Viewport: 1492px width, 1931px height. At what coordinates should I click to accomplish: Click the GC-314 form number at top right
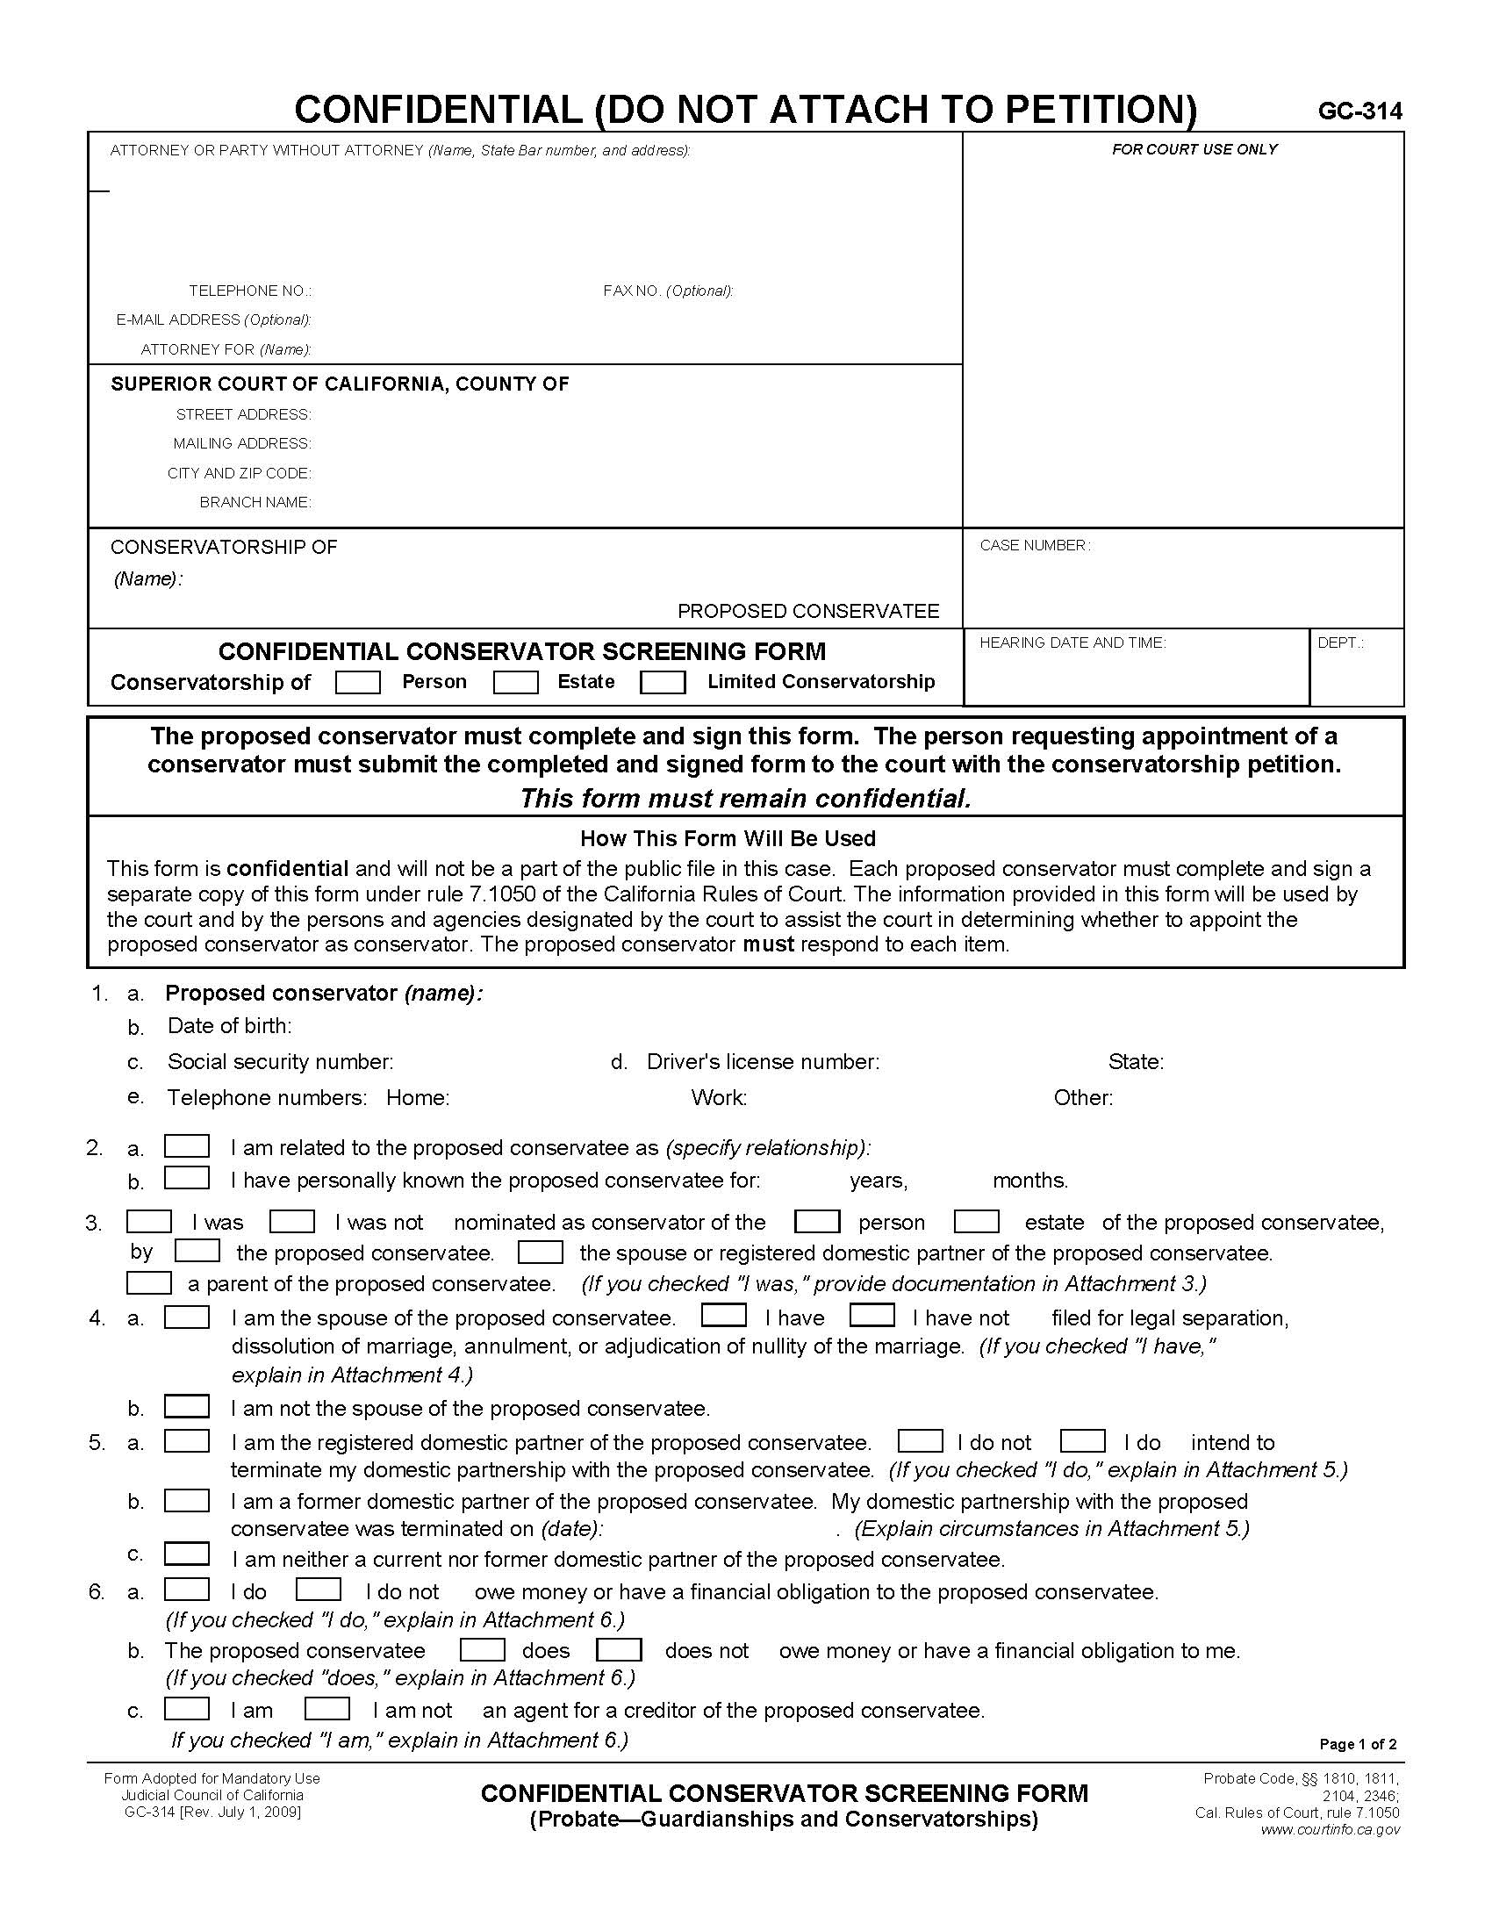pos(1359,111)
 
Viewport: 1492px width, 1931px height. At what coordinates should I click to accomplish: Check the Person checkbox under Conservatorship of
pos(358,682)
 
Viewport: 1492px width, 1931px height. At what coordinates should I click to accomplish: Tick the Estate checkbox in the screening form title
pos(515,682)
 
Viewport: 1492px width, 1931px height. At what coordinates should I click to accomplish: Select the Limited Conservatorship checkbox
pos(662,682)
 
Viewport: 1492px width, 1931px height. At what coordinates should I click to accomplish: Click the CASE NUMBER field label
pos(1034,546)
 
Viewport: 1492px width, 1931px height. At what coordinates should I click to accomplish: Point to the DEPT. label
pos(1340,642)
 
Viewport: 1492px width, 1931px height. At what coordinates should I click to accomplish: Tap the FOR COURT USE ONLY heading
pos(1194,149)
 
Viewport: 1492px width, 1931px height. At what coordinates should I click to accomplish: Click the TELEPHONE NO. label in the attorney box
pos(249,291)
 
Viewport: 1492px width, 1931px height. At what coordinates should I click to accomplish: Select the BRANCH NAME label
pos(255,502)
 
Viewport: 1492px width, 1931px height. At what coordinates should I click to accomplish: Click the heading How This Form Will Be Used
pos(728,838)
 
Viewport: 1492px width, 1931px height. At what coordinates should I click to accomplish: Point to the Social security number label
pos(280,1061)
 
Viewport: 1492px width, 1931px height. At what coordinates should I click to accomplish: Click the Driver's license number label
pos(762,1061)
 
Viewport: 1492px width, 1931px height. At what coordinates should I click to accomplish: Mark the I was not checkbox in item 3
pos(291,1221)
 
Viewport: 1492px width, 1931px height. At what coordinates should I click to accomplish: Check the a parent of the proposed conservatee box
pos(148,1282)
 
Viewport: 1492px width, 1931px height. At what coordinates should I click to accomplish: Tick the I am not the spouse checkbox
pos(186,1406)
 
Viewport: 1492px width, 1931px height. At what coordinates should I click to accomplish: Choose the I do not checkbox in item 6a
pos(319,1590)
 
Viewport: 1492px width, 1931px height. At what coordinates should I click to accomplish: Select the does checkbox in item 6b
pos(483,1649)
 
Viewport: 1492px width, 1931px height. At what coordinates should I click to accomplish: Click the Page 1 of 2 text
pos(1358,1743)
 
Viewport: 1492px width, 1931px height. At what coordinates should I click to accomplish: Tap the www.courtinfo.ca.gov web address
pos(1331,1829)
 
